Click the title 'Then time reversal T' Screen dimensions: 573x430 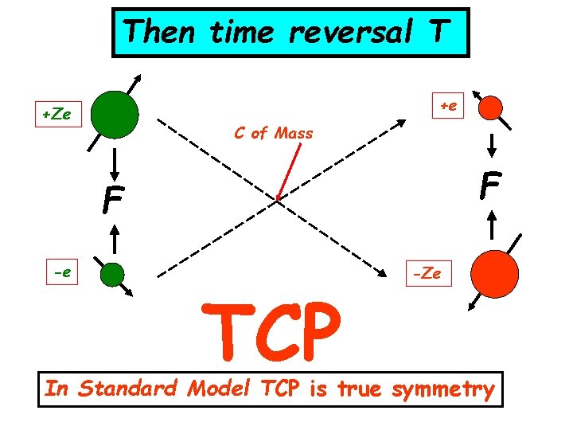coord(290,33)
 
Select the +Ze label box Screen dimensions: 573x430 coord(57,115)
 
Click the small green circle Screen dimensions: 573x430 coord(113,275)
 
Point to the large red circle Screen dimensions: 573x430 coord(494,272)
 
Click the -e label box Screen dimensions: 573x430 coord(60,273)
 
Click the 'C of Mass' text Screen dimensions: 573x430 coord(274,133)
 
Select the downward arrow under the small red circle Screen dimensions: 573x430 coord(493,144)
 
